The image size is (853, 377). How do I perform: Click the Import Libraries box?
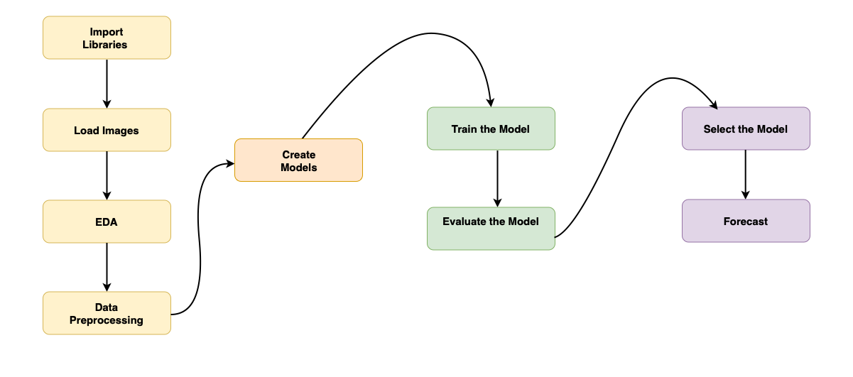[x=107, y=38]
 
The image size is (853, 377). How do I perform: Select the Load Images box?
[x=107, y=130]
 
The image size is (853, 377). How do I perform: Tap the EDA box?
[x=107, y=222]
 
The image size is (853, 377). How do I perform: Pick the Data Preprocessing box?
[x=107, y=313]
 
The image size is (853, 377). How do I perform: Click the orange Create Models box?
[x=298, y=160]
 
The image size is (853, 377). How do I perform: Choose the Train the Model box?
[x=491, y=129]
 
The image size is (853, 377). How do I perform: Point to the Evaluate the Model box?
[x=491, y=229]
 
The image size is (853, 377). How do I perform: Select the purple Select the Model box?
[x=746, y=129]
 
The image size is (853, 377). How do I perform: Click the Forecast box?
[x=746, y=221]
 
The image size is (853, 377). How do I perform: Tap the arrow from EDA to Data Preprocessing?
[x=107, y=267]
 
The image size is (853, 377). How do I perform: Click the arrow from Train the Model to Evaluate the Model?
[x=497, y=178]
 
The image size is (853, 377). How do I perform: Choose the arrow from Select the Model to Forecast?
[x=745, y=175]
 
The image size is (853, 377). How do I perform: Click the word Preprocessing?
[x=107, y=320]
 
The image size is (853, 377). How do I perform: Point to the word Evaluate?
[x=464, y=222]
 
